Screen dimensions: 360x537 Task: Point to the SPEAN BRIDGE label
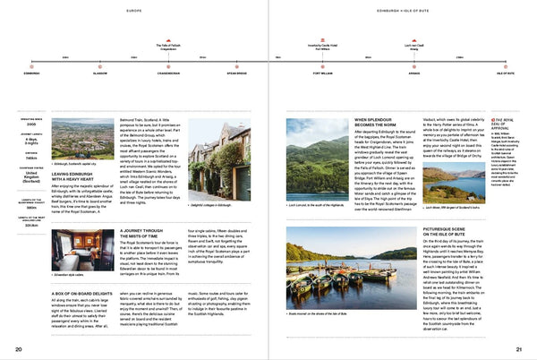click(x=236, y=73)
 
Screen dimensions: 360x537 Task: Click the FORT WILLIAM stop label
click(x=322, y=73)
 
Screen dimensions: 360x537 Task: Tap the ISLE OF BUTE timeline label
click(x=506, y=73)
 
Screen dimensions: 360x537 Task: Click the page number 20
click(x=18, y=348)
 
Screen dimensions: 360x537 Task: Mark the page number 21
click(x=518, y=348)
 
